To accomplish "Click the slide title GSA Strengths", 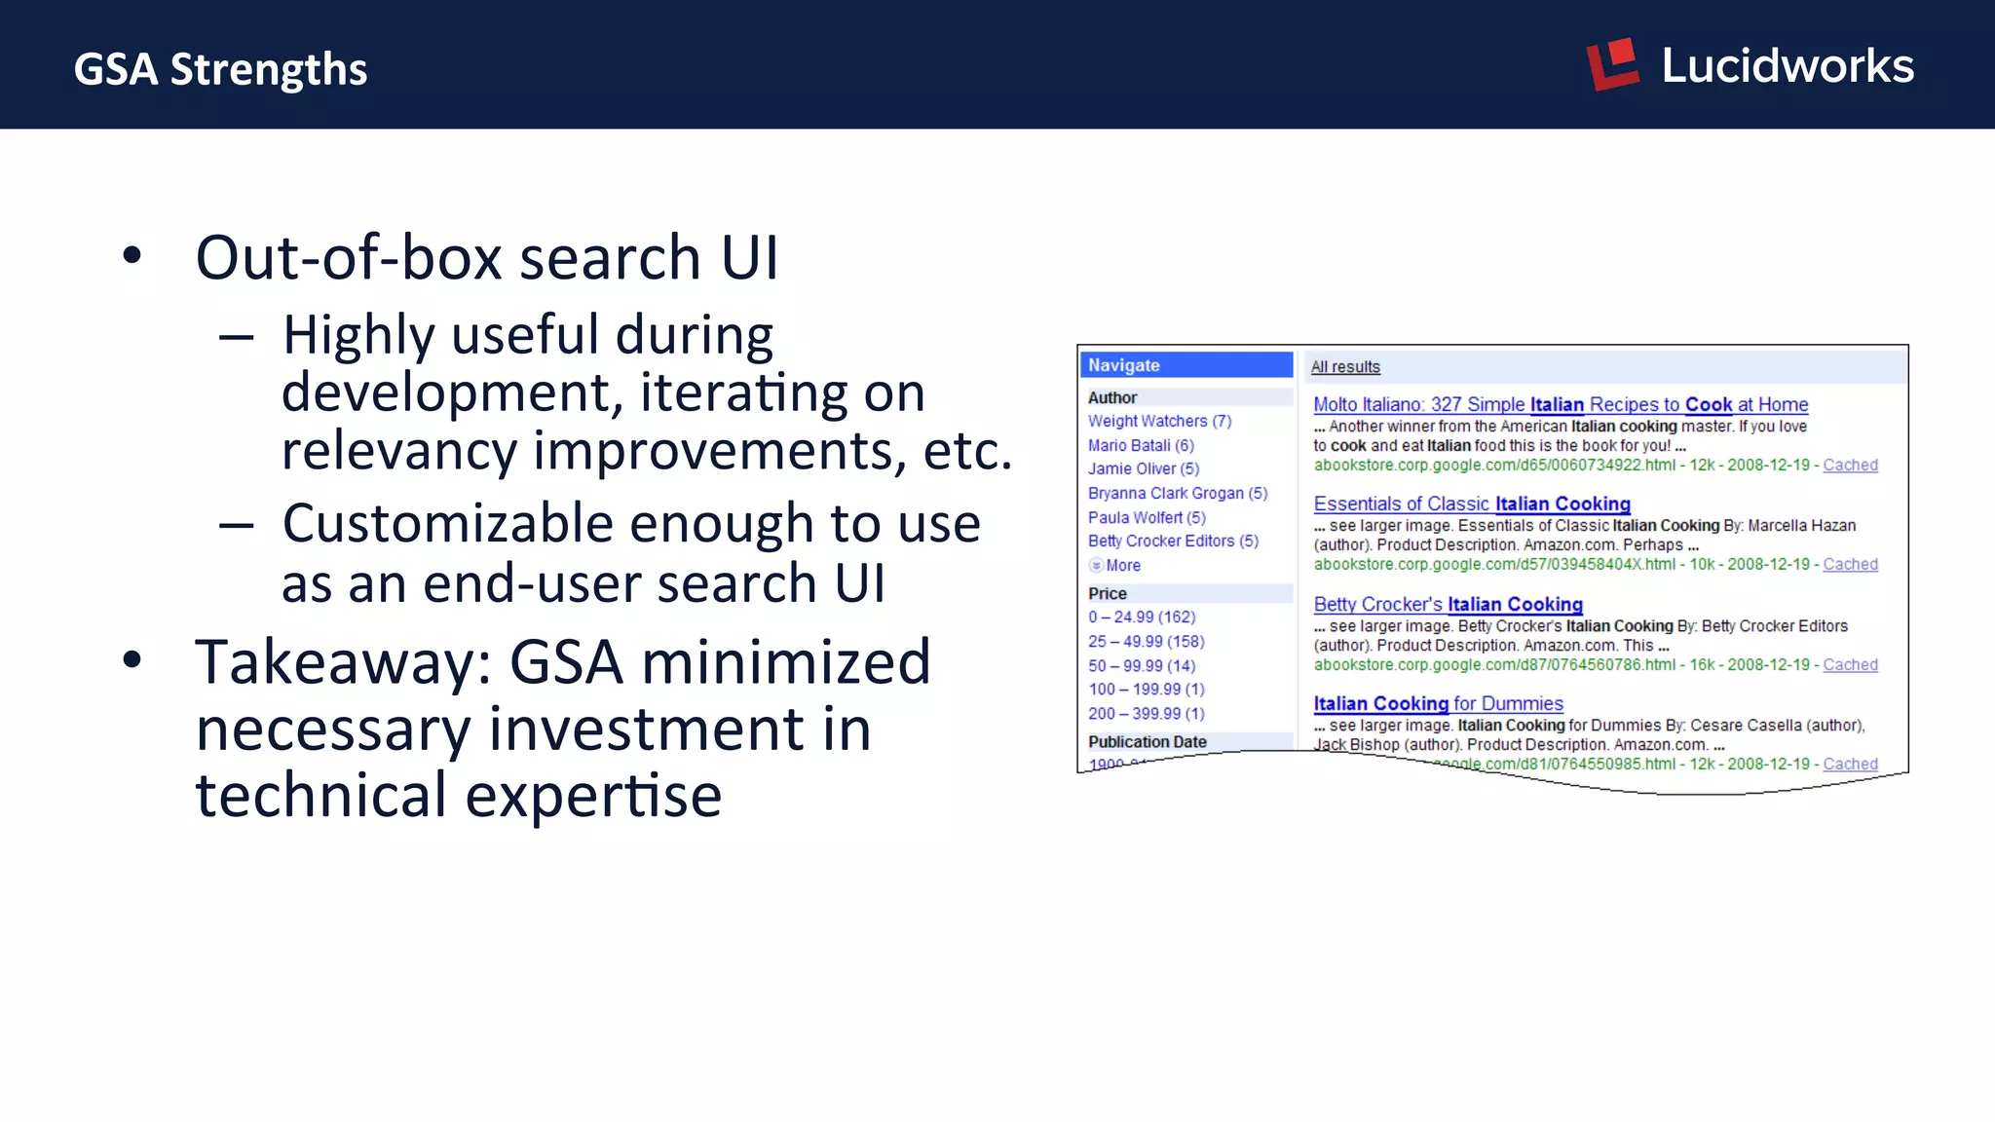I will [x=220, y=69].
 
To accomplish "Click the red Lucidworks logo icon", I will [x=1613, y=64].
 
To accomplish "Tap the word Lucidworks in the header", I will [x=1788, y=66].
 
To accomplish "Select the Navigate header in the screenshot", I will [x=1124, y=365].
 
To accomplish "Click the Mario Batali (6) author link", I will [x=1141, y=445].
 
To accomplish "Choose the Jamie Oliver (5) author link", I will [x=1144, y=468].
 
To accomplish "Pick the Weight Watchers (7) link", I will [x=1159, y=421].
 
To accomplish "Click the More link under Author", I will [x=1122, y=565].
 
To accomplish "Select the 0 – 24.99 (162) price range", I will [x=1142, y=617].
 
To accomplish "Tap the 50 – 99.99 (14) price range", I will [x=1142, y=665].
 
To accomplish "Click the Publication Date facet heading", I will [x=1148, y=741].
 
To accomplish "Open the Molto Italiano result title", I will [x=1560, y=404].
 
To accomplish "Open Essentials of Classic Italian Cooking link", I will [x=1471, y=504].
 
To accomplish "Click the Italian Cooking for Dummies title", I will [x=1438, y=703].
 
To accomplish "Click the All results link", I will [x=1345, y=367].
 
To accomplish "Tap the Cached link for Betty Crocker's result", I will [x=1850, y=664].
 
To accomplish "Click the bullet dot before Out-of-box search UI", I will [x=132, y=256].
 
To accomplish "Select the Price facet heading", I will [x=1108, y=593].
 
